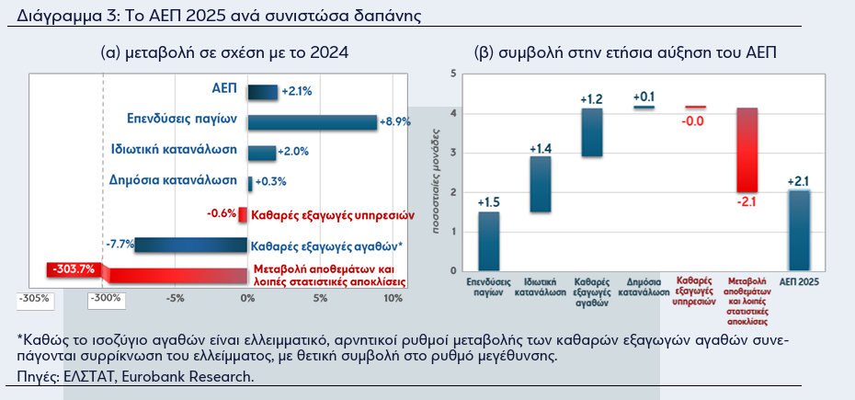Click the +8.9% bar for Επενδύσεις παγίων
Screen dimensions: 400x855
pyautogui.click(x=313, y=122)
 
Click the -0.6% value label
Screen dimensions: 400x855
pyautogui.click(x=221, y=214)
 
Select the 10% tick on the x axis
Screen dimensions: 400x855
pyautogui.click(x=392, y=299)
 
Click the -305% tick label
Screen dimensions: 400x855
pyautogui.click(x=35, y=299)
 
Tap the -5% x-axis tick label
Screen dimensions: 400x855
pyautogui.click(x=175, y=299)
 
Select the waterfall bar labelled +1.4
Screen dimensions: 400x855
pyautogui.click(x=540, y=184)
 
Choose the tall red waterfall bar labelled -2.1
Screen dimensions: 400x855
pyautogui.click(x=747, y=150)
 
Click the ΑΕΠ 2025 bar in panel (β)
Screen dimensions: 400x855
pyautogui.click(x=799, y=230)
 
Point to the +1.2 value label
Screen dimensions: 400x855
pyautogui.click(x=591, y=98)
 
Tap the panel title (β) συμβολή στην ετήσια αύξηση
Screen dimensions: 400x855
pyautogui.click(x=626, y=53)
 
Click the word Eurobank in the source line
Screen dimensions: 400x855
pyautogui.click(x=124, y=376)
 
